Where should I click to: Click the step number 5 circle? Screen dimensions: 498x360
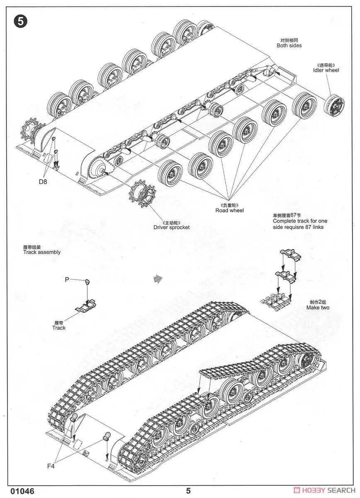click(x=21, y=22)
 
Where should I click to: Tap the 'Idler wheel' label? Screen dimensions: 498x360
click(x=326, y=70)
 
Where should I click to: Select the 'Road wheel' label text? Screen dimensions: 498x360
click(x=229, y=210)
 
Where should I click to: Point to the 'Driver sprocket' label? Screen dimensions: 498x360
click(x=171, y=227)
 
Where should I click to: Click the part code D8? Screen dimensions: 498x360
click(x=44, y=181)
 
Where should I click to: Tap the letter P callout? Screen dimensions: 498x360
click(x=66, y=280)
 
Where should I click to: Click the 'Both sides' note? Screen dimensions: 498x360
click(x=289, y=45)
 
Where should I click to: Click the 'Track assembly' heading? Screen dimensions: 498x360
click(x=42, y=252)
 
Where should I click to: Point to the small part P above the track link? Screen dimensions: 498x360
click(x=88, y=282)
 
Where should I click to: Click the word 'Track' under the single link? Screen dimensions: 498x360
click(x=59, y=327)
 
